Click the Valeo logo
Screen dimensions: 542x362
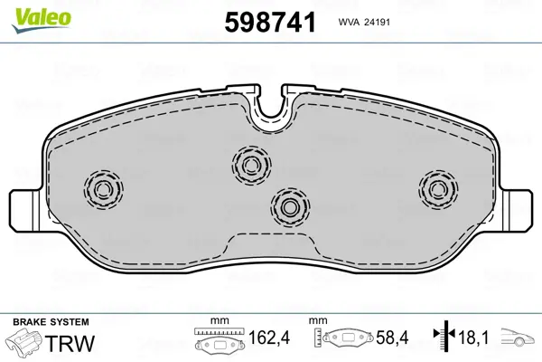coord(42,21)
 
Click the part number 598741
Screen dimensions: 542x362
coord(270,22)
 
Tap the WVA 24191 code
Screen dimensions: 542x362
coord(364,22)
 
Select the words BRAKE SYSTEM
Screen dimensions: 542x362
coord(51,322)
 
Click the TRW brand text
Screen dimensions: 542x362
coord(70,343)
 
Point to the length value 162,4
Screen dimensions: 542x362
coord(269,337)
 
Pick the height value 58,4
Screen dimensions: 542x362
coord(392,337)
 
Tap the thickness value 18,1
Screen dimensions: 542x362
coord(473,337)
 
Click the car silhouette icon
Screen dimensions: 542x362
coord(517,337)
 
